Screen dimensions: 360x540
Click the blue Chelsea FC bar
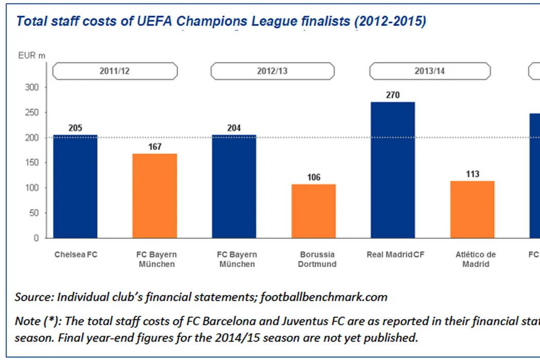click(x=75, y=186)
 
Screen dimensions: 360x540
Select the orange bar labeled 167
click(x=155, y=196)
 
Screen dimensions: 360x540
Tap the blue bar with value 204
click(x=233, y=186)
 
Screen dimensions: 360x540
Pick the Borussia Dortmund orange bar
click(x=314, y=211)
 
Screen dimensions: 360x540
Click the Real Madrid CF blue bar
click(x=392, y=170)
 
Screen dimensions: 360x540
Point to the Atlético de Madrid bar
click(x=472, y=209)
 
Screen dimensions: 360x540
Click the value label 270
click(x=392, y=95)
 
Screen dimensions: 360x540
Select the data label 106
click(x=314, y=177)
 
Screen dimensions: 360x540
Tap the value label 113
click(x=472, y=174)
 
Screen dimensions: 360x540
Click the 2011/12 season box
click(x=115, y=71)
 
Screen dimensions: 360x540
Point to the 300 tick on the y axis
click(x=32, y=87)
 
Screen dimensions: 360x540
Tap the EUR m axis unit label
click(x=28, y=55)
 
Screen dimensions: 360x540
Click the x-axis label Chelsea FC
click(x=76, y=255)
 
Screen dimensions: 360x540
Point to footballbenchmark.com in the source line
click(x=324, y=297)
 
